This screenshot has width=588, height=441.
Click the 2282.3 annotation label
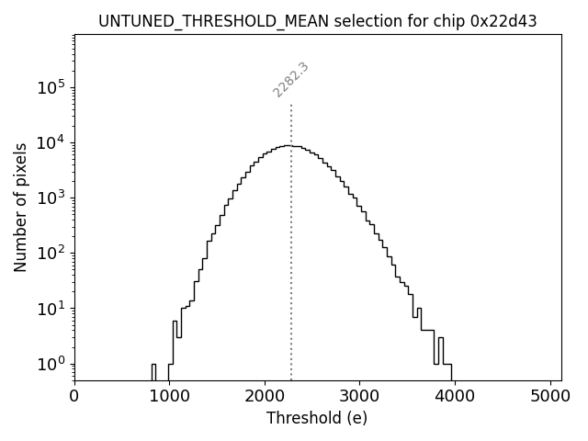pos(290,80)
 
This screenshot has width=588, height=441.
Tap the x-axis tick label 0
pos(74,397)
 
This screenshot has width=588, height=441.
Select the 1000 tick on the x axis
pos(169,397)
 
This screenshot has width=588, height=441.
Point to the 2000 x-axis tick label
pos(265,397)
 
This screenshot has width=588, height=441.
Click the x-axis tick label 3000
pos(359,397)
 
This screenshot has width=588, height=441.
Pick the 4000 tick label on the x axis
pos(455,397)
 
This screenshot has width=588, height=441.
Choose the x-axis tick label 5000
pos(549,397)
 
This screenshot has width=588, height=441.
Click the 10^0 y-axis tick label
pos(51,364)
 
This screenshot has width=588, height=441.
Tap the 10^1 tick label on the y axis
pos(51,309)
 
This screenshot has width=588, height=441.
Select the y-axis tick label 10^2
pos(51,254)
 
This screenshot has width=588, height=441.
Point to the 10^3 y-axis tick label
pos(51,198)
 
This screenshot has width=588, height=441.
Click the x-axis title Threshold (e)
pos(317,418)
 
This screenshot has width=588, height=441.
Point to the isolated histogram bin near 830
pos(154,371)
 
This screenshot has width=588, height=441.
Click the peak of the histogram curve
pos(288,145)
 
